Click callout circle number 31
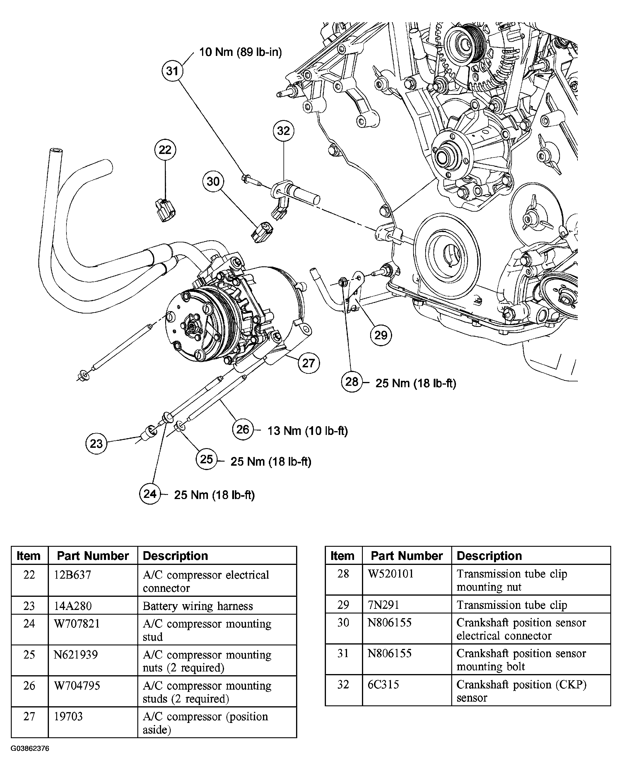[172, 71]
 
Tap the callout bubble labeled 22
[165, 150]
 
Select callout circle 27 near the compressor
[308, 363]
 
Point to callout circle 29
[381, 335]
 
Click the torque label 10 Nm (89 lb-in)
[240, 52]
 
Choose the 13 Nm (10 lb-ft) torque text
[307, 431]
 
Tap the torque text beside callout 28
[415, 383]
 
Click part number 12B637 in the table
[73, 575]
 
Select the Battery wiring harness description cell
[198, 606]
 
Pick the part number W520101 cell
[391, 574]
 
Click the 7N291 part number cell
[383, 605]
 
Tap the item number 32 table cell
[343, 684]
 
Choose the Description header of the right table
[489, 556]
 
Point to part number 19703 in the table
[68, 716]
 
